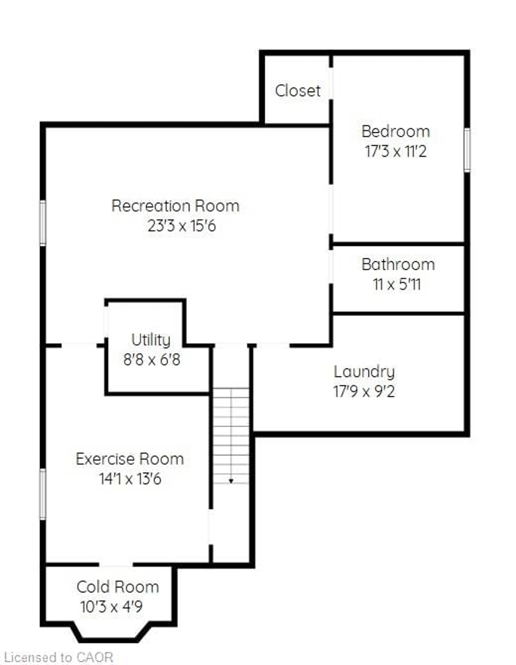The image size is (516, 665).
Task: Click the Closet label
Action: tap(297, 91)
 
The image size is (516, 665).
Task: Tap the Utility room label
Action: tap(151, 340)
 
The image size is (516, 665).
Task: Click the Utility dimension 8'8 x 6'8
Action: tap(152, 360)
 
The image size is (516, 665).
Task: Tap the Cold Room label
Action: tap(117, 587)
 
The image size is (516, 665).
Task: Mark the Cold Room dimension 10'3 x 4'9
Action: tap(111, 607)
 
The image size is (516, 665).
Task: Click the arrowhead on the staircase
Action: tap(231, 481)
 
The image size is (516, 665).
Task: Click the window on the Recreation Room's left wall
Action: tap(43, 223)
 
